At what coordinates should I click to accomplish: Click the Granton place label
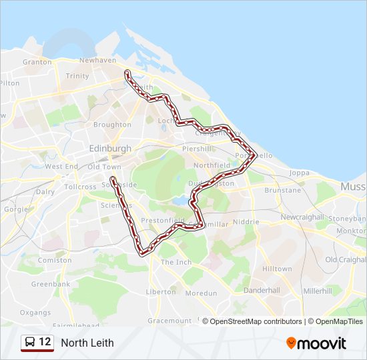coord(37,62)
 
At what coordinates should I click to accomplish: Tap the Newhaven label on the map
coord(97,60)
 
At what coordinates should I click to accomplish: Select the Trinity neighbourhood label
coord(77,76)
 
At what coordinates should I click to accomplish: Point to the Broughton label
coord(112,125)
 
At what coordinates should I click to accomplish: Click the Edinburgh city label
coord(109,147)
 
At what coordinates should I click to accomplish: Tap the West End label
coord(61,167)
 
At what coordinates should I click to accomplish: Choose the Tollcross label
coord(80,187)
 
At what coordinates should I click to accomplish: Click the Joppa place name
coord(300,173)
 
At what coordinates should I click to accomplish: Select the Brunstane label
coord(282,191)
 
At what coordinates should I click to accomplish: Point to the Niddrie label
coord(246,221)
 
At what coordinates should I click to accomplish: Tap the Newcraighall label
coord(302,217)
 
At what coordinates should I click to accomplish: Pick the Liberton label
coord(161,292)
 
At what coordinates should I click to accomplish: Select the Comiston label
coord(55,261)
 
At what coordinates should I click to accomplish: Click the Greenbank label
coord(50,284)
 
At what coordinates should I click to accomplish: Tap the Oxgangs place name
coord(35,312)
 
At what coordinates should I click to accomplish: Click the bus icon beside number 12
coord(30,343)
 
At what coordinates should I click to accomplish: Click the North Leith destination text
coord(87,343)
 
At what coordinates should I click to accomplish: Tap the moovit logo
coord(316,343)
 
